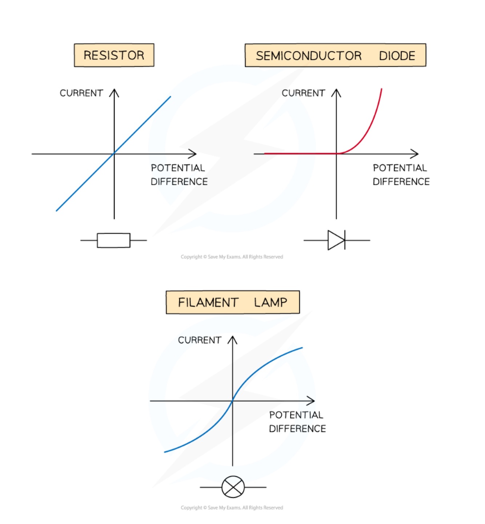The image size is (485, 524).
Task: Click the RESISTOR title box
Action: coord(114,55)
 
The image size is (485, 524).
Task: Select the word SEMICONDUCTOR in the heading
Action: coord(309,56)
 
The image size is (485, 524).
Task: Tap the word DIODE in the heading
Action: coord(397,56)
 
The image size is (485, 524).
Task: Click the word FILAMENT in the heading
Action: coord(208,302)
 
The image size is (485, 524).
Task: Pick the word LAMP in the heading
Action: coord(270,302)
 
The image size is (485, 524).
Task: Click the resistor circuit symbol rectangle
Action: coord(113,240)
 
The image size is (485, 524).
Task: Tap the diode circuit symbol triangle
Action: coord(336,240)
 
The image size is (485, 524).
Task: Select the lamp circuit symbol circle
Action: coord(233,487)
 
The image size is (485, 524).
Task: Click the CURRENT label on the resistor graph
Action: coord(81,93)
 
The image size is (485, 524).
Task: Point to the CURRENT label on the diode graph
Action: coord(303,93)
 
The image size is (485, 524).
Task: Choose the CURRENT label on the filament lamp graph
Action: coord(200,340)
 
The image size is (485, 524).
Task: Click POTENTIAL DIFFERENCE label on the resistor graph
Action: coord(179,175)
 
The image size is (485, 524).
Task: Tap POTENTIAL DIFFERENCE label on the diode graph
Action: coord(401,175)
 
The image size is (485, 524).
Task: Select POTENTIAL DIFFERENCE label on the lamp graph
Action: coord(297,422)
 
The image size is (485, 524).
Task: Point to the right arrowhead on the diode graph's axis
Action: coord(415,154)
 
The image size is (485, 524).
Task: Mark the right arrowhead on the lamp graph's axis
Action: coord(311,401)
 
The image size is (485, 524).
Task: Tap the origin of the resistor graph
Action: coord(114,154)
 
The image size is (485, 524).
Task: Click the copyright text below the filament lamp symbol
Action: coord(232,508)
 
